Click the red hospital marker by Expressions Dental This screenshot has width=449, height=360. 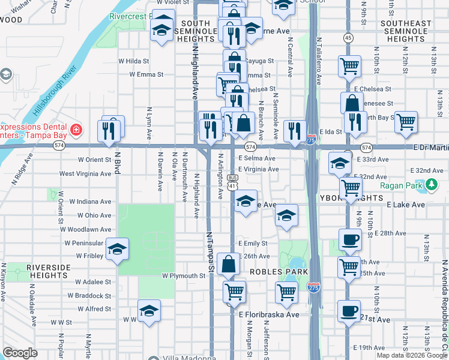pos(76,130)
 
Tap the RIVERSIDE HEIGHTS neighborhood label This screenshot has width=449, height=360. pos(47,271)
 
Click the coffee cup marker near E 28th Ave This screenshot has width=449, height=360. pos(349,240)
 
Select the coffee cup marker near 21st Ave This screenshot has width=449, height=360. pos(349,311)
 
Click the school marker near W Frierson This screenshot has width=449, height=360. pos(117,249)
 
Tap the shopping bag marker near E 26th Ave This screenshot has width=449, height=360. pos(229,263)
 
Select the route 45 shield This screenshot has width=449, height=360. pos(348,38)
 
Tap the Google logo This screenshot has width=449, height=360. pos(20,353)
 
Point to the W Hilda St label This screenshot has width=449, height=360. pos(133,61)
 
